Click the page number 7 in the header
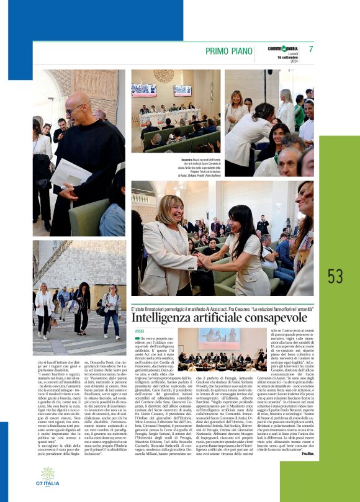point(310,49)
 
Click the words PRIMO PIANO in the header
point(230,51)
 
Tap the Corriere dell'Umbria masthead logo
point(283,48)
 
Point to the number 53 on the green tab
point(335,276)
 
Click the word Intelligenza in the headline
point(168,318)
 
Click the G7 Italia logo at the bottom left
point(47,478)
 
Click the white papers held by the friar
point(70,173)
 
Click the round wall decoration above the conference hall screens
point(163,76)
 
